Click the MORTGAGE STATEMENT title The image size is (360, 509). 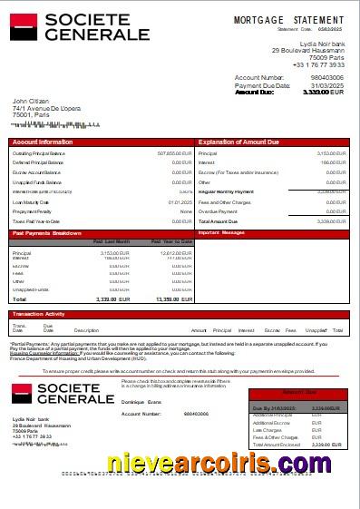pos(288,20)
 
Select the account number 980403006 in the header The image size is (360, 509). pos(326,78)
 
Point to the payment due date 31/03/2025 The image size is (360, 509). pos(327,85)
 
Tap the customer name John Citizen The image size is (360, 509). pos(31,101)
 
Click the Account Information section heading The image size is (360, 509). pos(44,142)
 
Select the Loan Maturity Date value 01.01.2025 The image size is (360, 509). pos(180,201)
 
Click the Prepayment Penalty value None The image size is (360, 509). pos(186,211)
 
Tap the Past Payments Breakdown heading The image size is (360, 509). pos(47,233)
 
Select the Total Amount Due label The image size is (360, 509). pos(218,221)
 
